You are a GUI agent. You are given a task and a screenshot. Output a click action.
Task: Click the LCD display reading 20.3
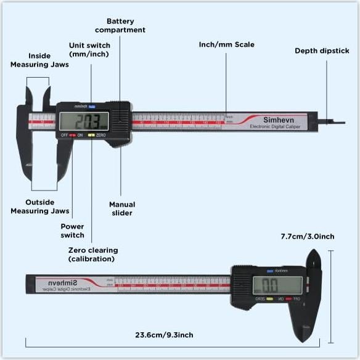pos(83,120)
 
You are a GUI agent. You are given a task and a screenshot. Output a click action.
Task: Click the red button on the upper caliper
pos(72,134)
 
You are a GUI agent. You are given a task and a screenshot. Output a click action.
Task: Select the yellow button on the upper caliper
pos(91,134)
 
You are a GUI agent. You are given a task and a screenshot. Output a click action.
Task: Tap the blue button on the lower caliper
pos(269,270)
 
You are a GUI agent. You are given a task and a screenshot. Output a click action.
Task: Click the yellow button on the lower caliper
pos(269,299)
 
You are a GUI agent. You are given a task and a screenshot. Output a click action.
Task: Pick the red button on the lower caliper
pos(288,299)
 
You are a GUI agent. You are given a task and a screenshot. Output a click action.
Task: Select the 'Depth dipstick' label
pos(322,51)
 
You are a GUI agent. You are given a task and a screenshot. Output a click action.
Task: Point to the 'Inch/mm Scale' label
pos(226,44)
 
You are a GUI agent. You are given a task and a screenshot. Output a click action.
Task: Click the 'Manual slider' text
pos(121,208)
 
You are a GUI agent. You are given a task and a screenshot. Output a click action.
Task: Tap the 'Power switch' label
pos(72,231)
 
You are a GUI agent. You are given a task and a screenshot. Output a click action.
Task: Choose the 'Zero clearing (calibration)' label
pos(92,255)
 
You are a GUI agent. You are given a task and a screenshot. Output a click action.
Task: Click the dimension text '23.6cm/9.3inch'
pos(164,335)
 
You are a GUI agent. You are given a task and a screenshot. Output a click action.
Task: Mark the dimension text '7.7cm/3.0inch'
pos(307,236)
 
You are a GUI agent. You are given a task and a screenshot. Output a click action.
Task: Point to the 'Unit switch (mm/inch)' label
pos(91,50)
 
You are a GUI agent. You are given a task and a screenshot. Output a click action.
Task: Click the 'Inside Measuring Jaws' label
pos(31,60)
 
